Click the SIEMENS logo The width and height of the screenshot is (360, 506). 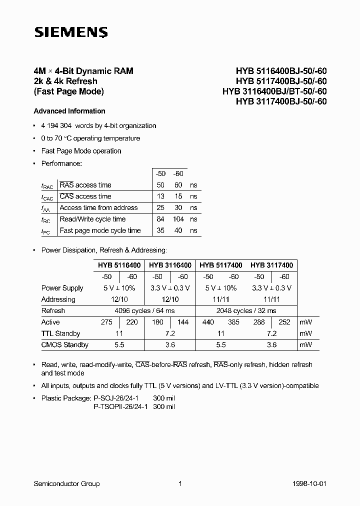point(70,32)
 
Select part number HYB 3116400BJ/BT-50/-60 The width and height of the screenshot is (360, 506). point(274,91)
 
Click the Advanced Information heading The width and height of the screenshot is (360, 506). point(69,111)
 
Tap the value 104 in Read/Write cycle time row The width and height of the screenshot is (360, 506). point(178,219)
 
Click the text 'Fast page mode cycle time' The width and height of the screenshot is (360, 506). point(100,230)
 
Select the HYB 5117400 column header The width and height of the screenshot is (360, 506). point(221,265)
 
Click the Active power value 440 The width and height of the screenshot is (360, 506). point(208,322)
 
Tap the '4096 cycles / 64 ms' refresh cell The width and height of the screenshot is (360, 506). point(144,310)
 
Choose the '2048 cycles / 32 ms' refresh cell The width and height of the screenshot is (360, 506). point(246,310)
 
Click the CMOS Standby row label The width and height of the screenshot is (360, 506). point(64,344)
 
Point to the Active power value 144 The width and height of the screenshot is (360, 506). point(183,322)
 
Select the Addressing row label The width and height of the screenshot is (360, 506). point(58,299)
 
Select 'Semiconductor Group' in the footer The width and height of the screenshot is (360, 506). point(66,483)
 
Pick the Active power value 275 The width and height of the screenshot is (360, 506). point(106,322)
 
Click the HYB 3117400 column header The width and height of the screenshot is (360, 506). point(271,265)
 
